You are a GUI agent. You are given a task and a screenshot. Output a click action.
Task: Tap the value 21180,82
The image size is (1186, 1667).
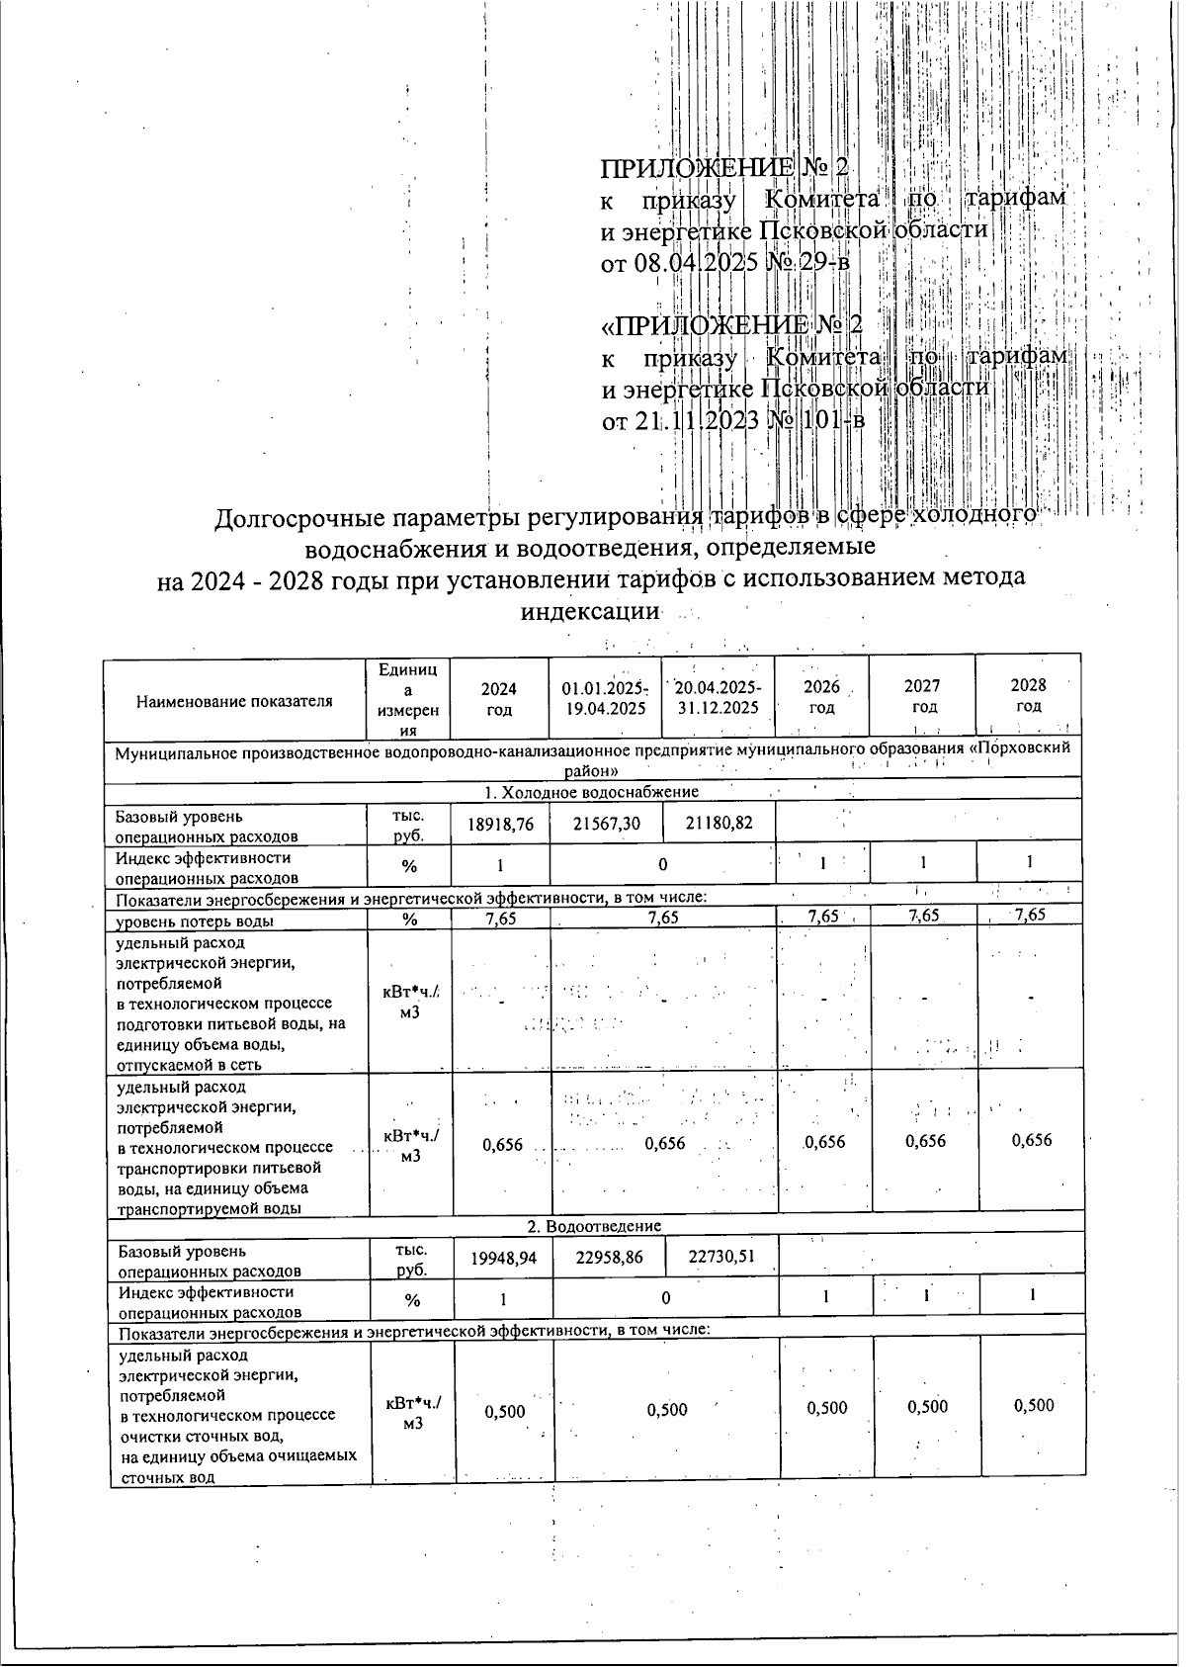click(x=720, y=823)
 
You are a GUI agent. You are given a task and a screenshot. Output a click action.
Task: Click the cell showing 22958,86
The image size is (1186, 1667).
click(x=614, y=1256)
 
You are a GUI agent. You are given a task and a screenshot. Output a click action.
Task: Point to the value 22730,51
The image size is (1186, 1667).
click(x=721, y=1256)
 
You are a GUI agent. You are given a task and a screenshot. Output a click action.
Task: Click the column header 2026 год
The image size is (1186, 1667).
click(x=821, y=697)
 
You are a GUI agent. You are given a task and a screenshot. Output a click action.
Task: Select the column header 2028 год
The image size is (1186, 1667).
click(x=1028, y=695)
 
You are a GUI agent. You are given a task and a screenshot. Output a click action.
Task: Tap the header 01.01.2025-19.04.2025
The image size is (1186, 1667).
click(x=604, y=698)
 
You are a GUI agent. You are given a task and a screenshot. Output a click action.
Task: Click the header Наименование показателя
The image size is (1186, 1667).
click(x=234, y=701)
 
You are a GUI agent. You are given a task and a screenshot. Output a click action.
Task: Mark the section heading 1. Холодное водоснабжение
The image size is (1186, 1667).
click(x=591, y=792)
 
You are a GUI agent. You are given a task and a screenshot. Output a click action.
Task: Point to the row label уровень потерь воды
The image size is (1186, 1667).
click(x=195, y=921)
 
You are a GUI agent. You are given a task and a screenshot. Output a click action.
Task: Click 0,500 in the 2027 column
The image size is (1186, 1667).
click(x=927, y=1407)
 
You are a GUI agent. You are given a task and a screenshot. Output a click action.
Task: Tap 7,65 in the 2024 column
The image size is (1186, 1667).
click(x=501, y=918)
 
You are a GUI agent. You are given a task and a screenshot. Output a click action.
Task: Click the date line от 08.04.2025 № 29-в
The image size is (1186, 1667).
click(x=725, y=263)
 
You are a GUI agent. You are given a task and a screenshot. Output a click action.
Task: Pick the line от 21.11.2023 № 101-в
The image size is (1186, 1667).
click(x=733, y=421)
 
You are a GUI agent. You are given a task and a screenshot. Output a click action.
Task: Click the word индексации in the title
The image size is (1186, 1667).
click(x=589, y=610)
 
